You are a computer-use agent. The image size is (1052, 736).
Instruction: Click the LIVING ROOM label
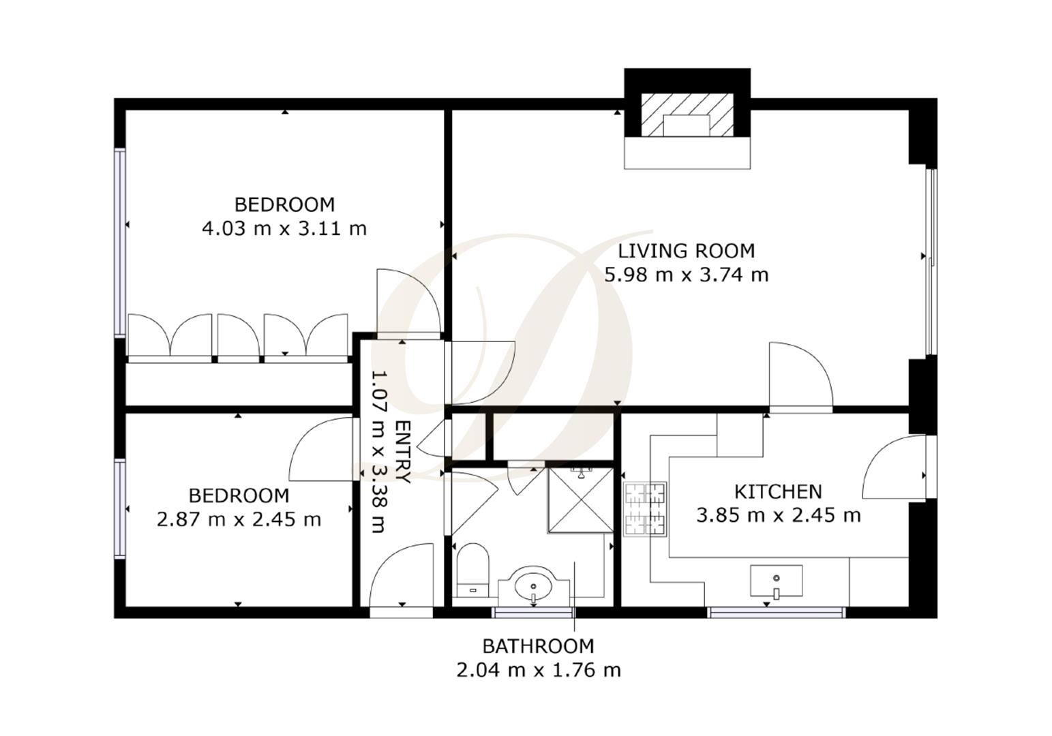pyautogui.click(x=686, y=251)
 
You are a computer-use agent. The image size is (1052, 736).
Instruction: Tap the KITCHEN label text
pyautogui.click(x=778, y=492)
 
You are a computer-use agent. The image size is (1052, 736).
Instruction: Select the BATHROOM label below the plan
pyautogui.click(x=538, y=646)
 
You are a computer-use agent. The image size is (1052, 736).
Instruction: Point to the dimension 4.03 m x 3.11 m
pyautogui.click(x=284, y=228)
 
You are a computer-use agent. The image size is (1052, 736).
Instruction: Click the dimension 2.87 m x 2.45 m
pyautogui.click(x=239, y=519)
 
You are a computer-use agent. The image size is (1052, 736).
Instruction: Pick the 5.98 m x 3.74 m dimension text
pyautogui.click(x=686, y=275)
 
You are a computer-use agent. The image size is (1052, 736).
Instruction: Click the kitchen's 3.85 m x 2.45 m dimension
pyautogui.click(x=778, y=515)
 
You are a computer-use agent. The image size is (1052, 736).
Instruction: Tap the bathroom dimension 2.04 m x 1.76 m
pyautogui.click(x=538, y=670)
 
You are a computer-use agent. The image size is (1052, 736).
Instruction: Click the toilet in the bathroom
pyautogui.click(x=473, y=570)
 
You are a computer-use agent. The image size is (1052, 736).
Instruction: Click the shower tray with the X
pyautogui.click(x=580, y=500)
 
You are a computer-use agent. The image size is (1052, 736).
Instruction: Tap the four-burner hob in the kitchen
pyautogui.click(x=645, y=509)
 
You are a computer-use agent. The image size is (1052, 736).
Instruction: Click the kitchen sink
pyautogui.click(x=777, y=581)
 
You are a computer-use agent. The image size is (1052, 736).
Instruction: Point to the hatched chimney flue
pyautogui.click(x=687, y=115)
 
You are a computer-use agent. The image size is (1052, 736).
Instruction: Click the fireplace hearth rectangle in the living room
pyautogui.click(x=687, y=153)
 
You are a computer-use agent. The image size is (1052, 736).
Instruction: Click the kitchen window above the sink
pyautogui.click(x=777, y=613)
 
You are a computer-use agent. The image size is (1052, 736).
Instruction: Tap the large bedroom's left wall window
pyautogui.click(x=120, y=242)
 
